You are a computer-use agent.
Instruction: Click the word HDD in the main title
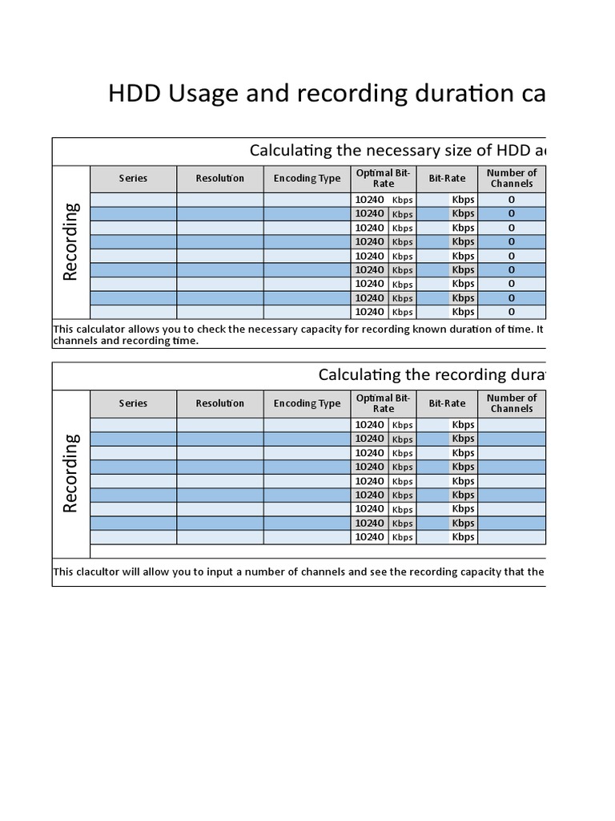[x=134, y=94]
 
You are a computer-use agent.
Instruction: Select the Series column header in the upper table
[x=133, y=178]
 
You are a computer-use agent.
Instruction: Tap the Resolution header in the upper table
[x=219, y=178]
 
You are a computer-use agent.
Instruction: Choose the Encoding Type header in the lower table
[x=307, y=403]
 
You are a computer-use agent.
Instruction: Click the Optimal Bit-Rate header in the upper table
[x=384, y=178]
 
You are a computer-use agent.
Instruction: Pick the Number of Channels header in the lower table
[x=512, y=403]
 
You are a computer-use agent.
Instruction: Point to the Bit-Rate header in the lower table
[x=447, y=403]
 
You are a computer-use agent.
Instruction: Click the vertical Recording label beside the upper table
[x=70, y=241]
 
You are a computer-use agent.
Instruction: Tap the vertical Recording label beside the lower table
[x=70, y=472]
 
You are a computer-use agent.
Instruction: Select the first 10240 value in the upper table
[x=369, y=200]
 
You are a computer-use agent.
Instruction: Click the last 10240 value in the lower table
[x=369, y=537]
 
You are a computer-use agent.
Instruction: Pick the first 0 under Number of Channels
[x=512, y=200]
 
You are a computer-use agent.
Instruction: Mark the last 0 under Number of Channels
[x=512, y=312]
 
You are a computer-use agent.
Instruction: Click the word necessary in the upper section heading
[x=404, y=151]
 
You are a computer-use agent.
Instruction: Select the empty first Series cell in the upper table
[x=133, y=200]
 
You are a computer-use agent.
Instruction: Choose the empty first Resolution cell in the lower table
[x=219, y=425]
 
